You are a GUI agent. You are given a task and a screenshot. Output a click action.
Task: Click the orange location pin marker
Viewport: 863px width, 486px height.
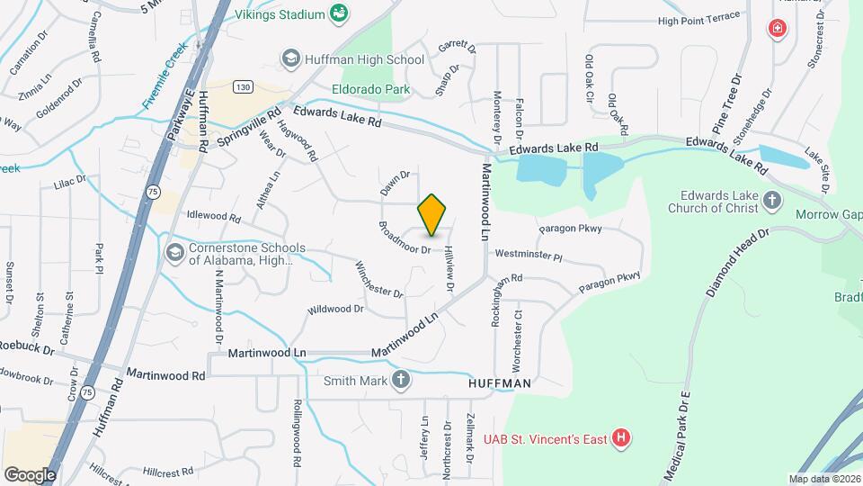[x=432, y=214]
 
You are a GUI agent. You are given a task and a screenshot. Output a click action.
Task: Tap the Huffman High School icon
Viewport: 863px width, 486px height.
[x=290, y=59]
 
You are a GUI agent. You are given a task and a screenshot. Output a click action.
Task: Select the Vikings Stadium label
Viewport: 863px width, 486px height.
[x=279, y=14]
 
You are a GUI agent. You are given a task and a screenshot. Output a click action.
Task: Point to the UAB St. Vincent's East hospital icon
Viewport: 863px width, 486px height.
[x=620, y=438]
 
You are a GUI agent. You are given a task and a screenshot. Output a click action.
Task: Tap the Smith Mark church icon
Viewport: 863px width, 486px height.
[x=401, y=380]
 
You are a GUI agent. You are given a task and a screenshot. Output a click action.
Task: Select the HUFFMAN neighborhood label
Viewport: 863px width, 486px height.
[x=501, y=382]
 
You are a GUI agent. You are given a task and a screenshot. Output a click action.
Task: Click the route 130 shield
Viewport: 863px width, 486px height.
[x=240, y=86]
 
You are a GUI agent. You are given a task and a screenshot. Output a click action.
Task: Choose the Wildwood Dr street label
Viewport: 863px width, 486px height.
[x=335, y=309]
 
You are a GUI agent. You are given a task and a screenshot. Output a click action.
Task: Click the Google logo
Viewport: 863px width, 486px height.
[x=30, y=474]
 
